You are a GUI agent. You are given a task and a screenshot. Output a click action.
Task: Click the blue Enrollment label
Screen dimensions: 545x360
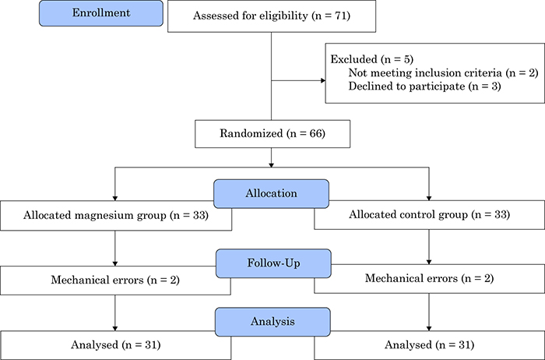(100, 13)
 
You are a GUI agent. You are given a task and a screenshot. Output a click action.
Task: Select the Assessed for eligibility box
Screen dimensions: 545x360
(272, 16)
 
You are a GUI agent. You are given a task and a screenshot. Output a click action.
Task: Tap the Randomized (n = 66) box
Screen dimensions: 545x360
(272, 134)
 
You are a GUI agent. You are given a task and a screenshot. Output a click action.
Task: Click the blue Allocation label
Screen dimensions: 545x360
(271, 194)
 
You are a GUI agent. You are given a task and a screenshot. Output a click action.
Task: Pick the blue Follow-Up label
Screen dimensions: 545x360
(273, 263)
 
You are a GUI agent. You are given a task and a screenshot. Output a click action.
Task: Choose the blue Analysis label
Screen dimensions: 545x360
(272, 322)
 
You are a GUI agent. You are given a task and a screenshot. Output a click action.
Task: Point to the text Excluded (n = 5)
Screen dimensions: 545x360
(372, 59)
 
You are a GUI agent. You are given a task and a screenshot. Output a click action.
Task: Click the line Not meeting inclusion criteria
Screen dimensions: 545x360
(443, 72)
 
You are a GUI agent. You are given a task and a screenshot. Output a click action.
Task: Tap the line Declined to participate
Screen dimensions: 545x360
(425, 86)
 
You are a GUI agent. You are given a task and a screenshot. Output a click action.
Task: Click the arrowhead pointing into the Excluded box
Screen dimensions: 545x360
(323, 81)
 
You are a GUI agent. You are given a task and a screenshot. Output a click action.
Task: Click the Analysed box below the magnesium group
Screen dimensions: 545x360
(115, 345)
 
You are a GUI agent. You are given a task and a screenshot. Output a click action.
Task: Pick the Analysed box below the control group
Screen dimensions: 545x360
(430, 345)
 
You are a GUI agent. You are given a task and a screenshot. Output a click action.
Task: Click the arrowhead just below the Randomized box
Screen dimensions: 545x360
(272, 165)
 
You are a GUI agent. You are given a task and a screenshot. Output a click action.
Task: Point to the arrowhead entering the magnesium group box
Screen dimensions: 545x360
(115, 198)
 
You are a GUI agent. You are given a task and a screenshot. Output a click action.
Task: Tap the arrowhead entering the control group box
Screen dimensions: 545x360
(429, 198)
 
